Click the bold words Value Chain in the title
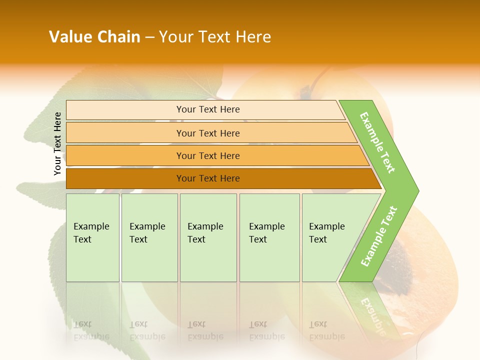[x=94, y=37]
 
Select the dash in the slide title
[x=149, y=37]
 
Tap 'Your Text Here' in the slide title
[x=215, y=37]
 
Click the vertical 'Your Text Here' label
[x=57, y=143]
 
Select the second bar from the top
[x=208, y=133]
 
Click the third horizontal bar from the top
[x=208, y=155]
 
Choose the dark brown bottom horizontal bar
[x=208, y=178]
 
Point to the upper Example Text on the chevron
[x=377, y=142]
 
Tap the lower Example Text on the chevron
[x=379, y=236]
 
